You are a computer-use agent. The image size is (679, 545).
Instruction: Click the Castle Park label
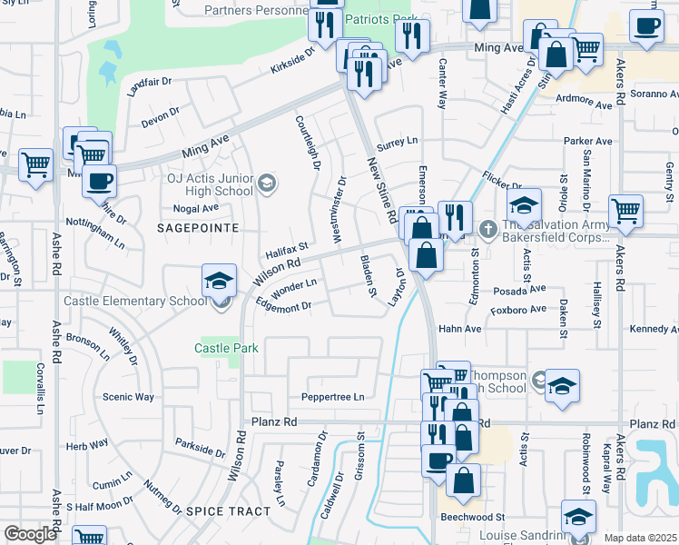point(227,348)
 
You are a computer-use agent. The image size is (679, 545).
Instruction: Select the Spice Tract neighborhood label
point(228,511)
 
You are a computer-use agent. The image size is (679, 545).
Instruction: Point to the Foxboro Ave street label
point(517,310)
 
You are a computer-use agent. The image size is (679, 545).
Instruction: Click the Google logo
point(30,534)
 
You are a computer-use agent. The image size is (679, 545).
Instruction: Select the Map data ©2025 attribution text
point(640,538)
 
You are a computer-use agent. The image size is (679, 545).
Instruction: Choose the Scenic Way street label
point(128,397)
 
